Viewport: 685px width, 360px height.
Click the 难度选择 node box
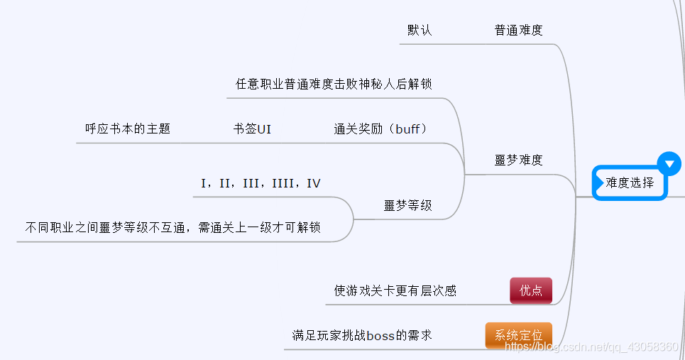[630, 183]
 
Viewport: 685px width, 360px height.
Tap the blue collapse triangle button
[669, 163]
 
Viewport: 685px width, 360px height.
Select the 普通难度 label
[518, 31]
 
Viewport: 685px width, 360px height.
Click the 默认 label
[419, 31]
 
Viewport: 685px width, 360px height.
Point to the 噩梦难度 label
[518, 160]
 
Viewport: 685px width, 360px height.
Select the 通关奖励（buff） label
[380, 129]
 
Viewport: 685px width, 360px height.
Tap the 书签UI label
[252, 129]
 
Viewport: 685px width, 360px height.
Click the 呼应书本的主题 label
[128, 129]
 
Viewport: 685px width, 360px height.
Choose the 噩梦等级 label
[407, 206]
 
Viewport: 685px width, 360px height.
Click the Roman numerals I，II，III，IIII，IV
[261, 184]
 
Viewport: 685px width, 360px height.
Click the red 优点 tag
[530, 290]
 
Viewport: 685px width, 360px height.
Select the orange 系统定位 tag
[518, 335]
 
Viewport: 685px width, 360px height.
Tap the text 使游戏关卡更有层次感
[395, 290]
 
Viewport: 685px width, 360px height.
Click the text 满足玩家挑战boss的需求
[362, 335]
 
